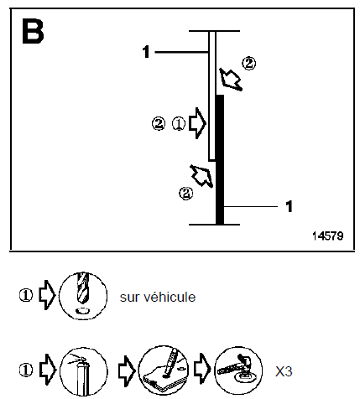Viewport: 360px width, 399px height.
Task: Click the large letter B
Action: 33,31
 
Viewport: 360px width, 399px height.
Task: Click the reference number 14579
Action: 327,236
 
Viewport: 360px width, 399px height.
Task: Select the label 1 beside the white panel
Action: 146,52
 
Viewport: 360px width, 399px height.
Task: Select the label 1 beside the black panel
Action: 289,207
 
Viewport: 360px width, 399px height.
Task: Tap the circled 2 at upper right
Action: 248,64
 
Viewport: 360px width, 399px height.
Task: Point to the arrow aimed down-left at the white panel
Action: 231,80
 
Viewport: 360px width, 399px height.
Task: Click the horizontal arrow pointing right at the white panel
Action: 197,123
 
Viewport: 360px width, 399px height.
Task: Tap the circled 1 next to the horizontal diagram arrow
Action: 178,124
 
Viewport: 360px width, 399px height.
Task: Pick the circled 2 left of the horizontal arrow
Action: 159,124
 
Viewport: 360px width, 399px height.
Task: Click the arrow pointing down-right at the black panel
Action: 201,176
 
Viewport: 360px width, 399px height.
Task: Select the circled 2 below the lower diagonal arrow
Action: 186,194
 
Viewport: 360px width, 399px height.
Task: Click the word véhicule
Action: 170,297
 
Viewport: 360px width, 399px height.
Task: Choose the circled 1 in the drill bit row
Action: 26,295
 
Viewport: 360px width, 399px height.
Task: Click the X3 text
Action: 284,371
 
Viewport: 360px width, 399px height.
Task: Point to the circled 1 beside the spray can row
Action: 26,370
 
